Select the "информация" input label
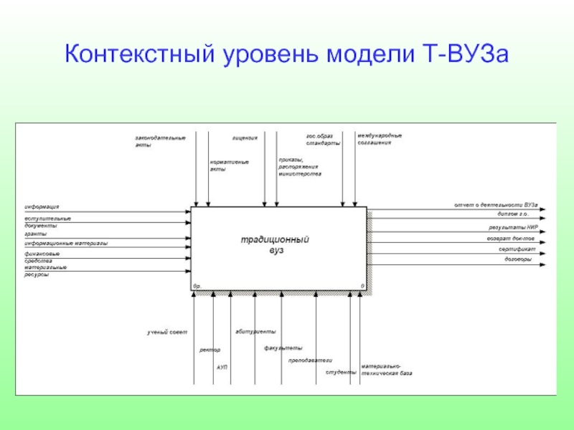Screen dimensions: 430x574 click(x=42, y=206)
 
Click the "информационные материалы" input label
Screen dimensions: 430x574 click(x=66, y=244)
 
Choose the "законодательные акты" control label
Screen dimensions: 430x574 click(x=159, y=141)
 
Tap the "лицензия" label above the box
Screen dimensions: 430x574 click(x=245, y=137)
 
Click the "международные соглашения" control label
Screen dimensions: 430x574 click(x=380, y=139)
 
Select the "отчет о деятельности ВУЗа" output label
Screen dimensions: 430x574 click(x=496, y=205)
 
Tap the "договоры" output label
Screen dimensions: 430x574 click(x=518, y=259)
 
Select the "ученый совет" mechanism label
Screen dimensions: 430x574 click(x=167, y=333)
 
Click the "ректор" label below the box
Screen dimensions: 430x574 click(x=210, y=350)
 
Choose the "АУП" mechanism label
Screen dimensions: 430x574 click(x=222, y=367)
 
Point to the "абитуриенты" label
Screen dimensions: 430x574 click(x=255, y=332)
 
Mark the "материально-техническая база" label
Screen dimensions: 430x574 click(x=386, y=370)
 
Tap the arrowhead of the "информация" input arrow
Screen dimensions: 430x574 click(x=188, y=211)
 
